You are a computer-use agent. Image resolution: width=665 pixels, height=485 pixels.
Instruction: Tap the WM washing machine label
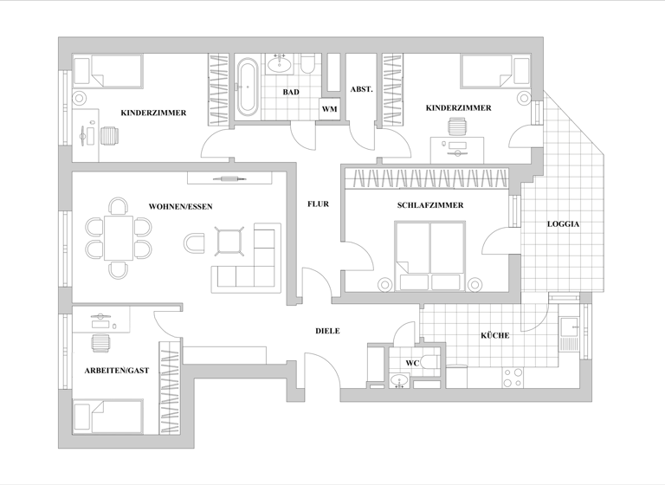tap(329, 109)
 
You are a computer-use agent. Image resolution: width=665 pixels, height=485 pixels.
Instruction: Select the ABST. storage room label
tap(361, 89)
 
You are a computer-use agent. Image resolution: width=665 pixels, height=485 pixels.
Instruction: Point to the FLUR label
tap(318, 205)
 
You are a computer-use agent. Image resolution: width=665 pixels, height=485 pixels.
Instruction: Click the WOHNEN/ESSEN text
tap(180, 206)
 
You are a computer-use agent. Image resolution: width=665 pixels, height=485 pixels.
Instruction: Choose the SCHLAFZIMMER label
tap(429, 205)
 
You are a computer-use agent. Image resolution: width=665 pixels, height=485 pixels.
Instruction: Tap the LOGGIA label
tap(563, 224)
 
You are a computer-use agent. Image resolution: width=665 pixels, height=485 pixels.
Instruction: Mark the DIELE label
tap(327, 331)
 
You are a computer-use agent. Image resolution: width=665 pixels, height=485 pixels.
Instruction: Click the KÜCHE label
tap(494, 335)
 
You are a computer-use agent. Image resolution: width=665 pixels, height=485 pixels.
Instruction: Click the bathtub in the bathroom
tap(248, 87)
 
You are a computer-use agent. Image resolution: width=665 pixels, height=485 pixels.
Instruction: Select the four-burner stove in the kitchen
tap(513, 378)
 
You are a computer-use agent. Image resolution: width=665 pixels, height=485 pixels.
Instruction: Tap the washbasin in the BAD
tap(280, 61)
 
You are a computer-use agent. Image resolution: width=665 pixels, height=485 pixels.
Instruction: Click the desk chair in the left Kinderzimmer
tap(109, 136)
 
